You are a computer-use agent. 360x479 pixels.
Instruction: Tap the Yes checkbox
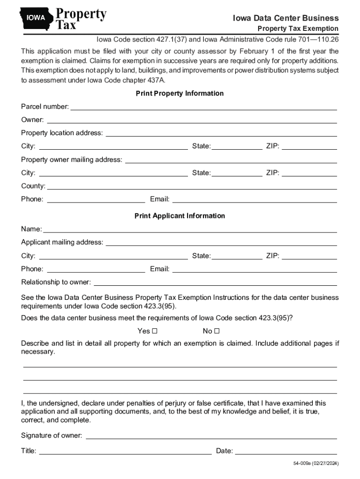coord(155,331)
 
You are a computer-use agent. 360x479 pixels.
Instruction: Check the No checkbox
coord(217,331)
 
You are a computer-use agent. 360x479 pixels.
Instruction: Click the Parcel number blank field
coord(203,107)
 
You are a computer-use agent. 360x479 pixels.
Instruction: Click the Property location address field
coord(221,133)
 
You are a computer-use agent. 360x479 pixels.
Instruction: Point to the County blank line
coord(192,186)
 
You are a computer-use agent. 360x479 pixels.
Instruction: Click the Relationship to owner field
coord(215,282)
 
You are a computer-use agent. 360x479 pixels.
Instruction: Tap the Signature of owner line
coord(211,435)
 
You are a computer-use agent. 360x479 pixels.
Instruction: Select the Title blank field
coord(125,451)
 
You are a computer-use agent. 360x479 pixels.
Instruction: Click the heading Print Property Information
coord(180,94)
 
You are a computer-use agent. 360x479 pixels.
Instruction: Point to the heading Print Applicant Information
coord(180,216)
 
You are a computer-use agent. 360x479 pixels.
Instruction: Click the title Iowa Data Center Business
coord(286,18)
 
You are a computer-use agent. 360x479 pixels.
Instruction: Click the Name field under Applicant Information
coord(190,229)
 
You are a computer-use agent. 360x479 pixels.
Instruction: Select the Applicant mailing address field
coord(221,242)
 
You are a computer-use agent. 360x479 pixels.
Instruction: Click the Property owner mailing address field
coord(231,160)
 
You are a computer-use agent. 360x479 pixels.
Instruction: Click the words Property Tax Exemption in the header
coord(298,29)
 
